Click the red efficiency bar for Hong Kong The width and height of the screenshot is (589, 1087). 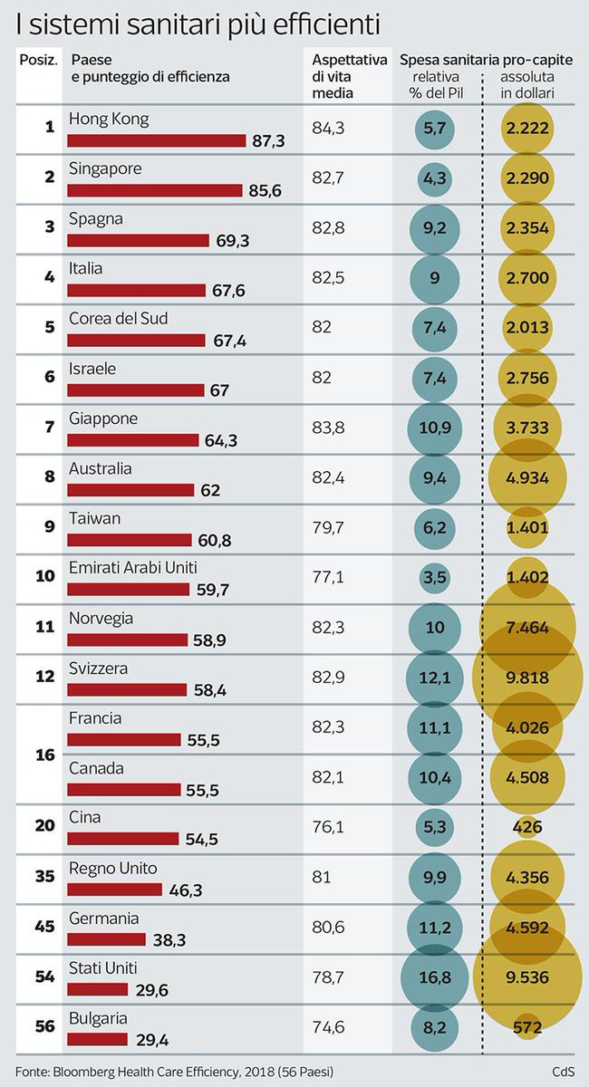coord(157,140)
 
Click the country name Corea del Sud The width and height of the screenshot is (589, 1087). coord(119,319)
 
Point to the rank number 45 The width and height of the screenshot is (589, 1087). coord(49,928)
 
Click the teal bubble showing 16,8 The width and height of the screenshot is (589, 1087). coord(435,976)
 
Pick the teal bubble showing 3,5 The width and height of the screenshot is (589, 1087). coord(435,578)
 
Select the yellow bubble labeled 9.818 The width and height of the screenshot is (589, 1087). coord(526,678)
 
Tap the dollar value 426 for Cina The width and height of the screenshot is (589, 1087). coord(526,827)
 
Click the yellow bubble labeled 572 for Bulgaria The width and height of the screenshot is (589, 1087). coord(526,1027)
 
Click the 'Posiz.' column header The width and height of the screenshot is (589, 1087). coord(38,60)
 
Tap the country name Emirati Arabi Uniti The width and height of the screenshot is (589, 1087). coord(131,568)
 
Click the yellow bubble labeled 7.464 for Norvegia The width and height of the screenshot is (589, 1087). coord(526,628)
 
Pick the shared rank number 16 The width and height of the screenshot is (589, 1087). coord(49,754)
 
